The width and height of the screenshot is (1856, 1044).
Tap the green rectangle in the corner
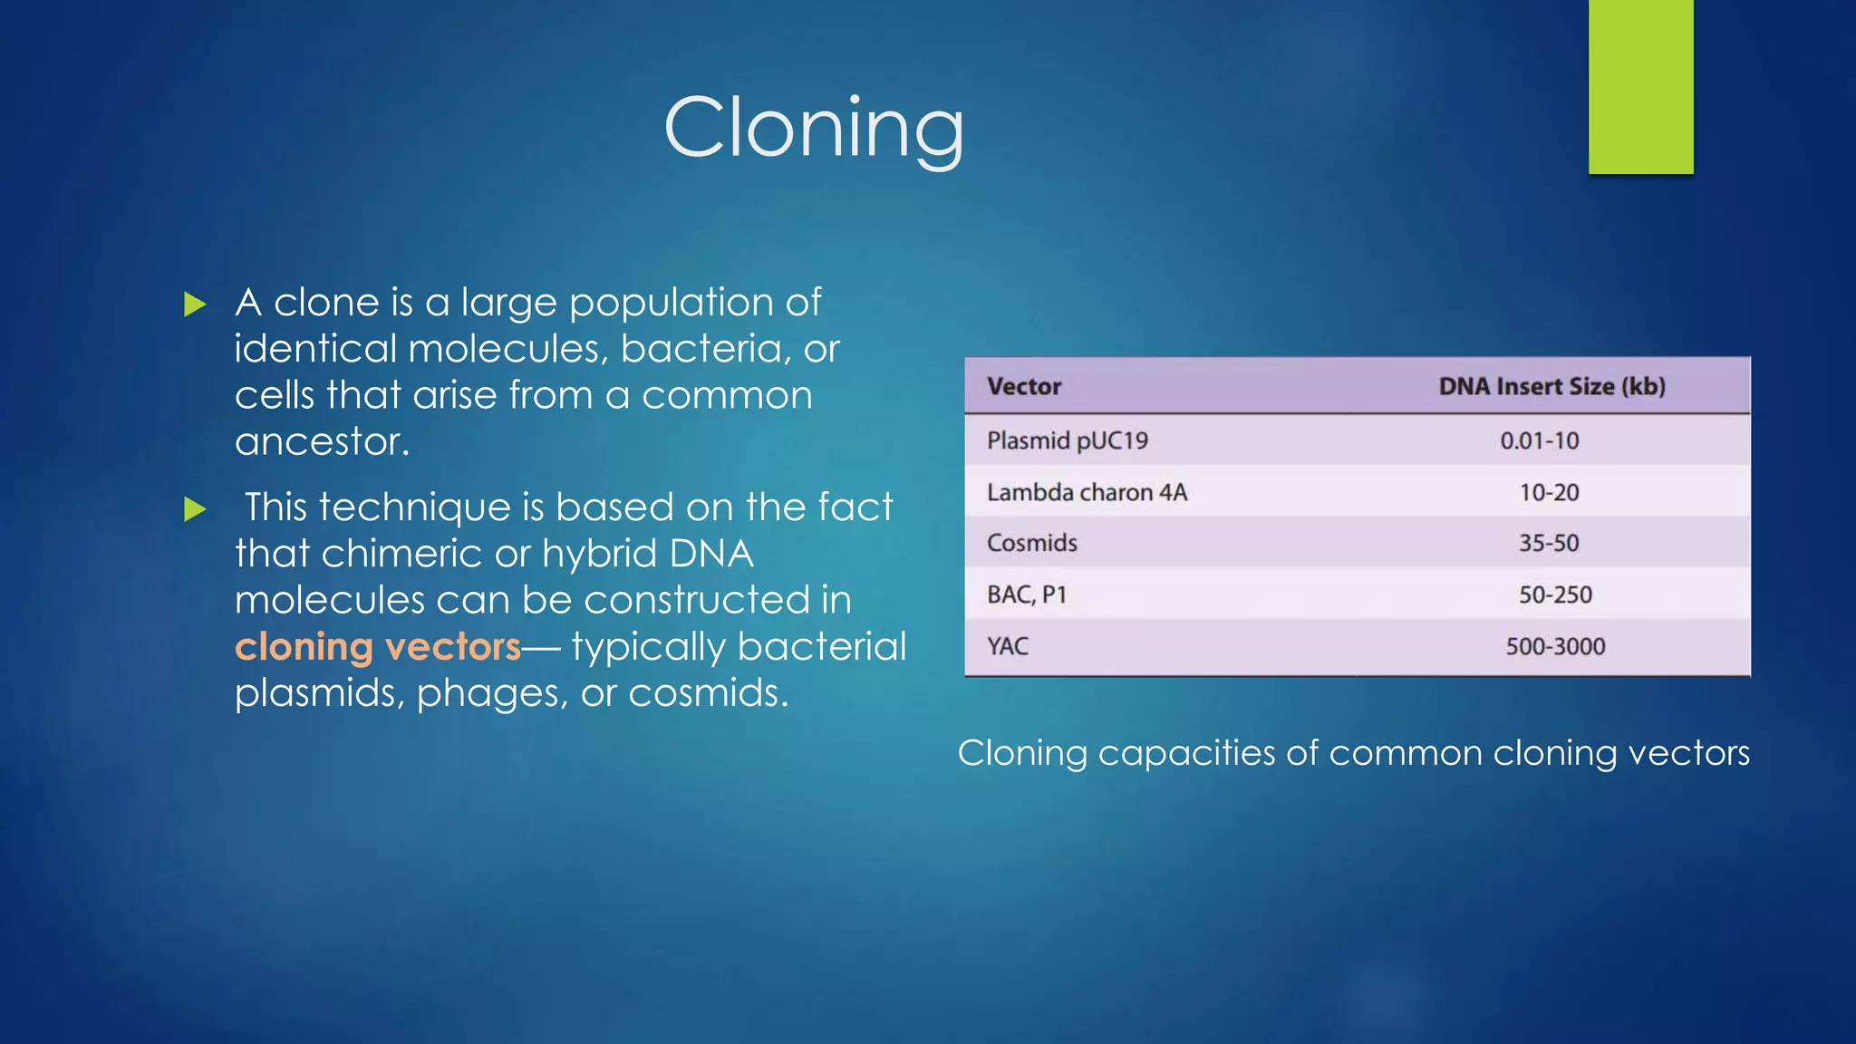(1640, 86)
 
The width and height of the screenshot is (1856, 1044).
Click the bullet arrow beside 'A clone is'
(195, 304)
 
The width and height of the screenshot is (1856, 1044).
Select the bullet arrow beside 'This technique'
(195, 509)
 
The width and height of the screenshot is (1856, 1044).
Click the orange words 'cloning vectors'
(378, 647)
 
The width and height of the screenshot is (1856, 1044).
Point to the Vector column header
(1023, 387)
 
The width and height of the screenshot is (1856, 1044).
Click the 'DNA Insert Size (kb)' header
(1551, 387)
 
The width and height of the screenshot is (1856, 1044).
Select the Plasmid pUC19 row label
(1067, 441)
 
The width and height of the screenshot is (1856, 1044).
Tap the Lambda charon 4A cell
(1087, 493)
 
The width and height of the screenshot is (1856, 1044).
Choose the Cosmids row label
(1031, 544)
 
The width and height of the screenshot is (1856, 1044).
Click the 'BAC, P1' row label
(1027, 595)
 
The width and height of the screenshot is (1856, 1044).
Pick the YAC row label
(1008, 647)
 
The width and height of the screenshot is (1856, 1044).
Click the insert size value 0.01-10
(1539, 441)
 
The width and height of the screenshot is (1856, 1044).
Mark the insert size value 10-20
(1549, 493)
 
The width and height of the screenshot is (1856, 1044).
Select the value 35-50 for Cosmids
(1549, 544)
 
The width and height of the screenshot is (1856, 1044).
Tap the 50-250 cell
(1555, 595)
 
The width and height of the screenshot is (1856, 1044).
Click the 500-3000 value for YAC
(1555, 647)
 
